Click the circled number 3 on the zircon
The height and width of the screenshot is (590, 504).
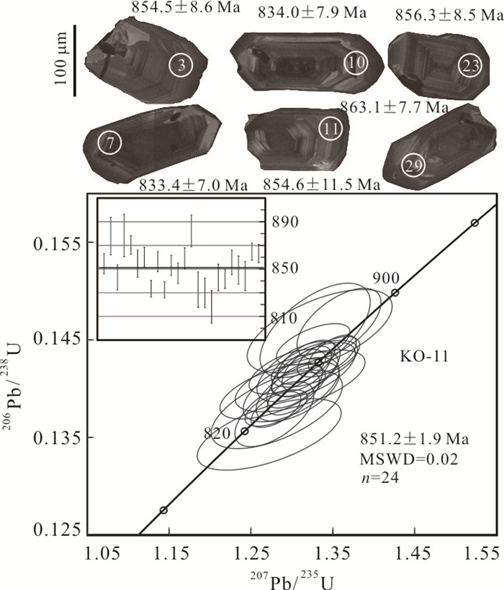tap(181, 65)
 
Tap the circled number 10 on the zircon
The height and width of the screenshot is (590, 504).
tap(356, 63)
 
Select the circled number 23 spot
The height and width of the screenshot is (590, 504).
tap(470, 66)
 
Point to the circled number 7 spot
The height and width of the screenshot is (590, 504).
tap(109, 143)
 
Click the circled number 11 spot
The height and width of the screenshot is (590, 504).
tap(330, 129)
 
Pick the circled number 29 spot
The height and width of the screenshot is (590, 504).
tap(413, 166)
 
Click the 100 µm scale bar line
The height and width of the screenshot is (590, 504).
tap(75, 60)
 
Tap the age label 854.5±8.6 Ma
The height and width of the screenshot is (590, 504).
tap(186, 8)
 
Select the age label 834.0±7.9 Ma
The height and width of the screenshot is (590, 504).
tap(312, 13)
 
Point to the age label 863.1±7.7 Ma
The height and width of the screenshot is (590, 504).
tap(394, 109)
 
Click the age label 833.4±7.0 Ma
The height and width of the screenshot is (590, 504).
tap(194, 185)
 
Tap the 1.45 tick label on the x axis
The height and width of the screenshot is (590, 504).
tap(414, 554)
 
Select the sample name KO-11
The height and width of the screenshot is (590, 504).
tap(424, 356)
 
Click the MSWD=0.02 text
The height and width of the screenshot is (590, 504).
tap(409, 459)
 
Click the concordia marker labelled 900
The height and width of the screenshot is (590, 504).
tap(395, 293)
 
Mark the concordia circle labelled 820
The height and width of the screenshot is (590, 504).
tap(245, 431)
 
